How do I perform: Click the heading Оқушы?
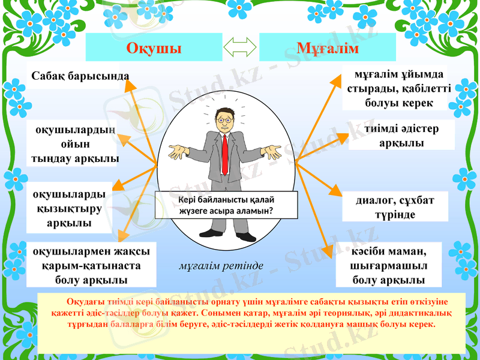tap(154, 48)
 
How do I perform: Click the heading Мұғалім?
tap(328, 48)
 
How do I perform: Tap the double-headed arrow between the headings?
tap(240, 47)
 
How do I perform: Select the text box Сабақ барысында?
tap(80, 77)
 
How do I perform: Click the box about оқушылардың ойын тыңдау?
tap(74, 145)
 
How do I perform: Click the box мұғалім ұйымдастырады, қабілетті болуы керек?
tap(395, 88)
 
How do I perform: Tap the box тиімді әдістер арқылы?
tap(401, 136)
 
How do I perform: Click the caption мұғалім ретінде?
tap(221, 265)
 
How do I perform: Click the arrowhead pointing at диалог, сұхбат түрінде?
tap(333, 191)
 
